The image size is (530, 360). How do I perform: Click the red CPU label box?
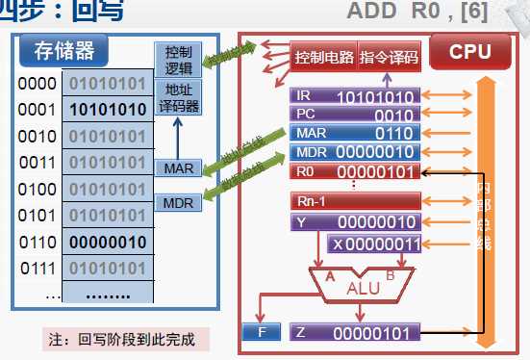pyautogui.click(x=469, y=50)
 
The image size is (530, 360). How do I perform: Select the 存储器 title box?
pyautogui.click(x=57, y=50)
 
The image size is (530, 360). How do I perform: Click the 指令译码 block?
pyautogui.click(x=389, y=58)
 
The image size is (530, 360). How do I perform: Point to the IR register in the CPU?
pyautogui.click(x=355, y=96)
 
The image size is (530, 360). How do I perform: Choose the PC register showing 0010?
pyautogui.click(x=355, y=115)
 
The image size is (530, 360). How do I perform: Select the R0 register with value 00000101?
pyautogui.click(x=355, y=171)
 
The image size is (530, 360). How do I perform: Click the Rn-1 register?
pyautogui.click(x=355, y=201)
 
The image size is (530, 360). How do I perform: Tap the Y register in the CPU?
pyautogui.click(x=355, y=222)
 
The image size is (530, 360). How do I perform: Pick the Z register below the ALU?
pyautogui.click(x=355, y=334)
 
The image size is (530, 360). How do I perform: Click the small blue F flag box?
pyautogui.click(x=261, y=334)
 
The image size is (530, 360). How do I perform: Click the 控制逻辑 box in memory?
pyautogui.click(x=178, y=59)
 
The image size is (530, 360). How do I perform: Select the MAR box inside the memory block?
pyautogui.click(x=178, y=167)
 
